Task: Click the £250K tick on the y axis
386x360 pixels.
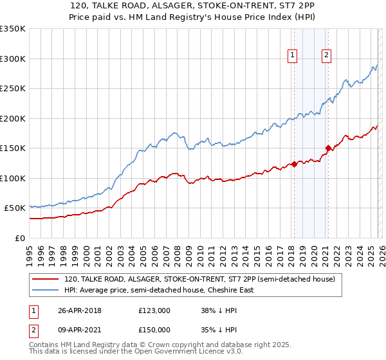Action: point(13,89)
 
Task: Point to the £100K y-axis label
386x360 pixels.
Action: point(13,178)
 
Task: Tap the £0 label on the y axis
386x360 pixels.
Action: point(19,238)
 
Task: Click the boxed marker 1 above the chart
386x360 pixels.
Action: point(293,56)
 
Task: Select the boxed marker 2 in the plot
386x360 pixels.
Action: point(327,56)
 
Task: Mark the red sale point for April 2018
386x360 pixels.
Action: point(294,164)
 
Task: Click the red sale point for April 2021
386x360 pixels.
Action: point(327,148)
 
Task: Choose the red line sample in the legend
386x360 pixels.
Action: point(46,280)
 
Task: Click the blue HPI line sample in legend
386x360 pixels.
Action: point(46,290)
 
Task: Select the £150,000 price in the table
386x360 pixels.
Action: point(154,330)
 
